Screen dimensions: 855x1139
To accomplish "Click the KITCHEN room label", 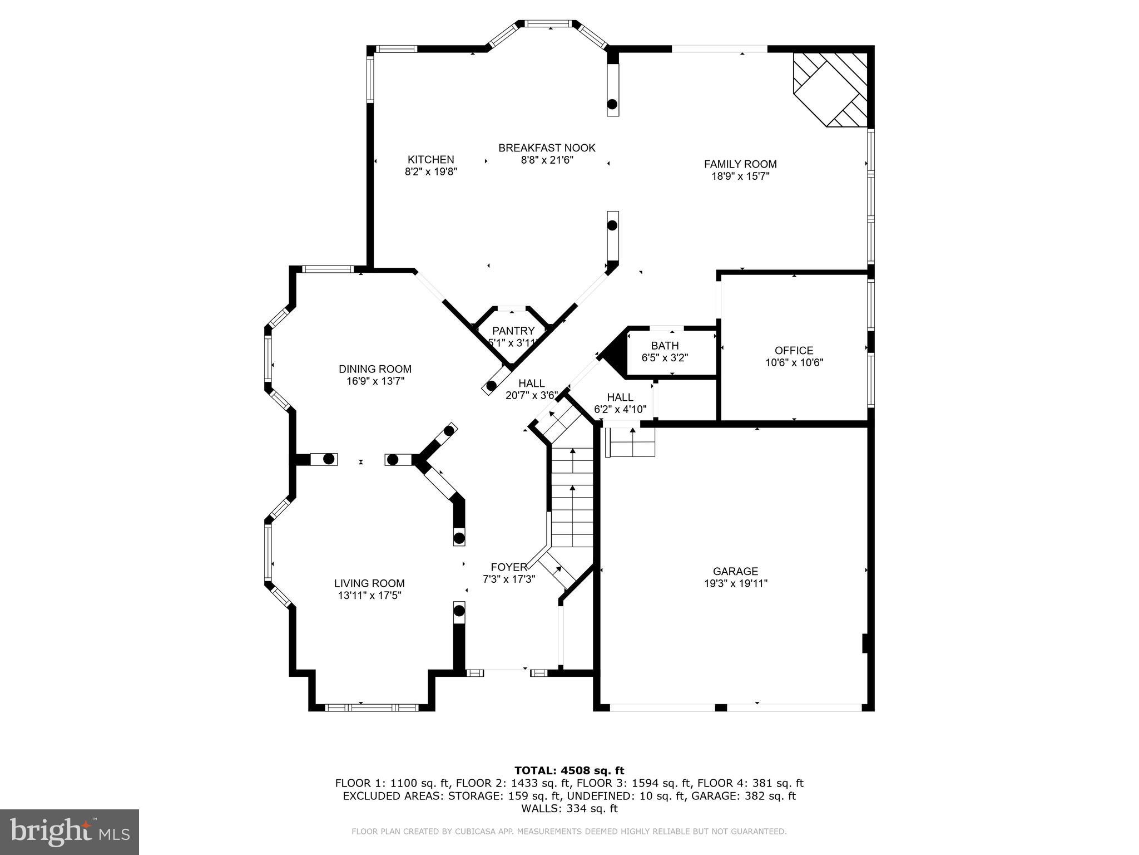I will [430, 160].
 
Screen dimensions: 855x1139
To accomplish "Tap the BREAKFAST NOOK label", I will [547, 148].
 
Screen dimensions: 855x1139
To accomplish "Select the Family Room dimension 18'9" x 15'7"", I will [740, 176].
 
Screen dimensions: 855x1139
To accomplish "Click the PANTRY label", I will [513, 331].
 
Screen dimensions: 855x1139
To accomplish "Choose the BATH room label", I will [665, 346].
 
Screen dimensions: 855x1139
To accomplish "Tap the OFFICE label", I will [794, 351].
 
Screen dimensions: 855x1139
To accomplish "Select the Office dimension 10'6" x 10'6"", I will [794, 363].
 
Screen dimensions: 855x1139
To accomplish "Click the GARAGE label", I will [735, 571].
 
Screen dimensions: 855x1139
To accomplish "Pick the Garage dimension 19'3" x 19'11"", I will [735, 583].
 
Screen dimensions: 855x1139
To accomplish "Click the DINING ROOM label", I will [375, 369].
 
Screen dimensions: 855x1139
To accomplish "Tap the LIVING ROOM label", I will [369, 583].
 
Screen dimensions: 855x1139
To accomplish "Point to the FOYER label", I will [508, 567].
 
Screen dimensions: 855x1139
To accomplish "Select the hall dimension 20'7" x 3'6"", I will [531, 396].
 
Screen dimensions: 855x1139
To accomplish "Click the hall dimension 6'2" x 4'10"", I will [620, 410].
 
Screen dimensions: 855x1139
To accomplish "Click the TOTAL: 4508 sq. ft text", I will [569, 771].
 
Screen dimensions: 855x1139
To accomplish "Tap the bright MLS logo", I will [70, 832].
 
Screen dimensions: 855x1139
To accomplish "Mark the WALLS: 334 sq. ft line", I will [569, 809].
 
